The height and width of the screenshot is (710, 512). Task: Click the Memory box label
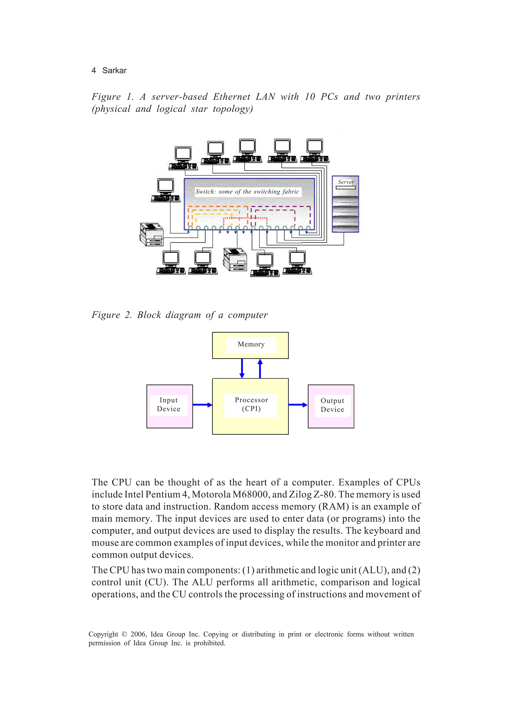[x=251, y=344]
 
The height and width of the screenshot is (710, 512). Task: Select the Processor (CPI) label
[x=251, y=404]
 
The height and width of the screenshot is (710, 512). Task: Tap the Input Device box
[x=169, y=406]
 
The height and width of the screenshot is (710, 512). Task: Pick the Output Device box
[x=331, y=406]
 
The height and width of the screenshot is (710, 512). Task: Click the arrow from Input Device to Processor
[x=202, y=405]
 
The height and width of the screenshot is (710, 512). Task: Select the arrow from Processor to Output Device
[x=297, y=405]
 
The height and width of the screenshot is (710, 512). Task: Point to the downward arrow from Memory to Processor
[x=242, y=368]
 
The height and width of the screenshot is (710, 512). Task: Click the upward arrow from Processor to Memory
[x=260, y=368]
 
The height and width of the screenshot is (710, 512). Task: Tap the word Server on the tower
[x=345, y=182]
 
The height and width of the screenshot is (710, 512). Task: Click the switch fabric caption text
[x=247, y=192]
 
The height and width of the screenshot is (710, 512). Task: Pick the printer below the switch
[x=235, y=260]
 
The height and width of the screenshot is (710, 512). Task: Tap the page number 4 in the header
[x=93, y=70]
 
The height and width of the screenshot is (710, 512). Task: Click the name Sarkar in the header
[x=114, y=70]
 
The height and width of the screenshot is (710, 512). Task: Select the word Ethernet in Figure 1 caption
[x=231, y=97]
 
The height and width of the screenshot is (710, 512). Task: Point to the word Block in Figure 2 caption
[x=149, y=315]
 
